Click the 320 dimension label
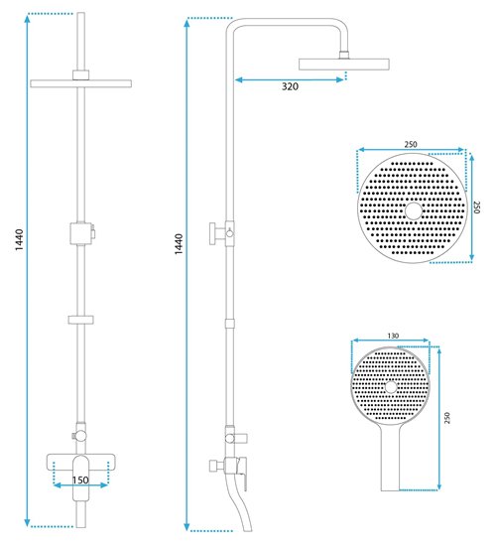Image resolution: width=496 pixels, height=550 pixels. click(290, 86)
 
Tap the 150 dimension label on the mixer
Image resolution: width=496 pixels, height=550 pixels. click(80, 480)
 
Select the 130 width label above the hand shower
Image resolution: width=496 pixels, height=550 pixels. click(393, 336)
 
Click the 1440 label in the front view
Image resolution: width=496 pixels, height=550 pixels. click(19, 239)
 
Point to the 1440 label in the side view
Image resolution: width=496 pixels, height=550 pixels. click(179, 244)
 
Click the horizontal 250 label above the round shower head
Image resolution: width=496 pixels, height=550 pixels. click(411, 144)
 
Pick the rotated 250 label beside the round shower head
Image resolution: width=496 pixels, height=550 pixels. click(477, 207)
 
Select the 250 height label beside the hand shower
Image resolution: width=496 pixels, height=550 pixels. click(447, 418)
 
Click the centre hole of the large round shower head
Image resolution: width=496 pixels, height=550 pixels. click(414, 211)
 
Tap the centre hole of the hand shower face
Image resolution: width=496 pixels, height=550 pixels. click(391, 387)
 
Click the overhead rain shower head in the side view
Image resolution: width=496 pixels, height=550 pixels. click(344, 65)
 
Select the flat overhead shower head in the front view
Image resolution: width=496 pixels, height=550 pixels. click(80, 83)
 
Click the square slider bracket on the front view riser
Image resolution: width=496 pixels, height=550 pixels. click(81, 233)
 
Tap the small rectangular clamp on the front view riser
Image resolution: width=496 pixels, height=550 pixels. click(80, 320)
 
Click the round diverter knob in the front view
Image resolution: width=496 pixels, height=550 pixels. click(81, 436)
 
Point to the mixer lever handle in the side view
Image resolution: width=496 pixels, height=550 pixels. click(243, 473)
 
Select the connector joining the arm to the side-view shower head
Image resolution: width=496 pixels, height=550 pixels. click(344, 55)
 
